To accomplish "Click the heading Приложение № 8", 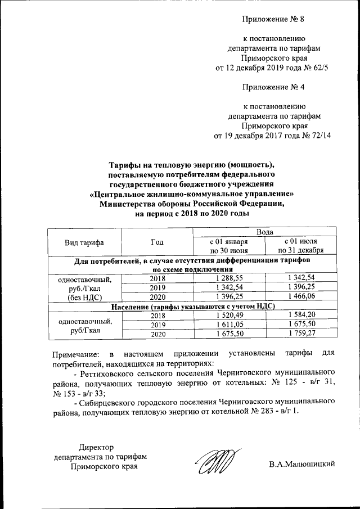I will [273, 20].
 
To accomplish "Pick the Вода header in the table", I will [265, 232].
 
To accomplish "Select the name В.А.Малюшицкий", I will [302, 463].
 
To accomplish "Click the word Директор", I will [96, 447].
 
